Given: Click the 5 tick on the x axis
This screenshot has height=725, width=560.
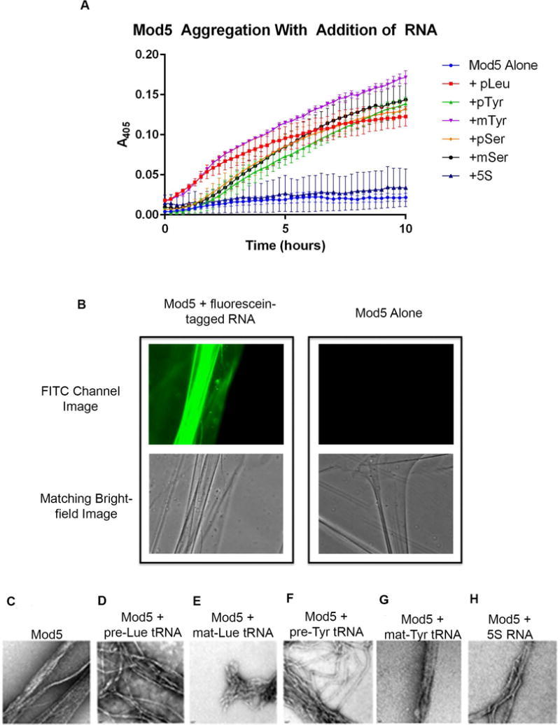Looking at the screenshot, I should click(286, 229).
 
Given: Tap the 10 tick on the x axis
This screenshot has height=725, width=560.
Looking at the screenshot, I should click(405, 229).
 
